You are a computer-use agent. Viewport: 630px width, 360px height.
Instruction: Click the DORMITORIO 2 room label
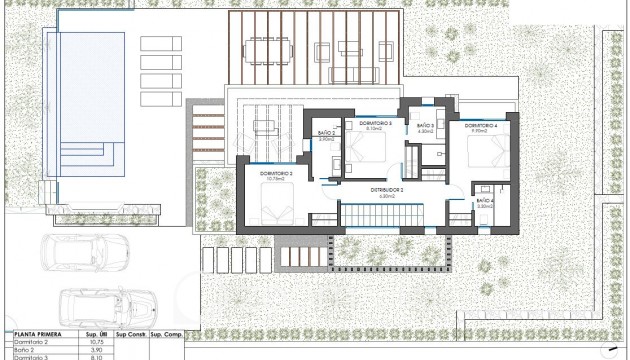[276, 174]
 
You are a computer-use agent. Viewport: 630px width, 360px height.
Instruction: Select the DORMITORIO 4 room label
[481, 125]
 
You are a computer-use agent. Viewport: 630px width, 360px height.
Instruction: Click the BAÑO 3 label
[424, 127]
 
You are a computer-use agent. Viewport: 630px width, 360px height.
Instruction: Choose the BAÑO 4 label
[485, 201]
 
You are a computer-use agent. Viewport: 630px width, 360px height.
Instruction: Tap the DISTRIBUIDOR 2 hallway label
[387, 189]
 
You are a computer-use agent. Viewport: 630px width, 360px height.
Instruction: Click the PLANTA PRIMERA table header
[37, 336]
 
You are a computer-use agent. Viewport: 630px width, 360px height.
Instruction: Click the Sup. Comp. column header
[167, 336]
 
